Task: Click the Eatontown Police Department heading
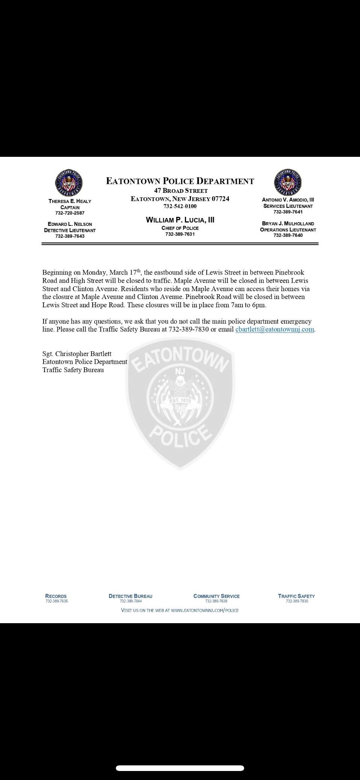pyautogui.click(x=180, y=181)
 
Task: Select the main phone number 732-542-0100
pyautogui.click(x=180, y=206)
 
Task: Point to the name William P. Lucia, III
pyautogui.click(x=180, y=220)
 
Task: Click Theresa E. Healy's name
pyautogui.click(x=70, y=201)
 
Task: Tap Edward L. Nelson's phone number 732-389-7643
pyautogui.click(x=70, y=236)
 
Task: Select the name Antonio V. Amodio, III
pyautogui.click(x=288, y=200)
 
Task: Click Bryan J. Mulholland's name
pyautogui.click(x=288, y=224)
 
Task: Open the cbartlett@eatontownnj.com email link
pyautogui.click(x=274, y=329)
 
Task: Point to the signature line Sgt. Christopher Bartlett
pyautogui.click(x=77, y=354)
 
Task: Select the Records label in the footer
pyautogui.click(x=56, y=596)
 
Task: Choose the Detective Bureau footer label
pyautogui.click(x=130, y=596)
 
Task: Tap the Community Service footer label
pyautogui.click(x=216, y=596)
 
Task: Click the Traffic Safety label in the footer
pyautogui.click(x=296, y=596)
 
